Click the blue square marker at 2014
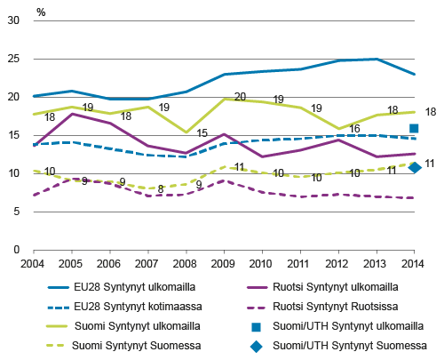[x=414, y=129]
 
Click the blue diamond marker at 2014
[x=414, y=167]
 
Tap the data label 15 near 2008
[x=203, y=133]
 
